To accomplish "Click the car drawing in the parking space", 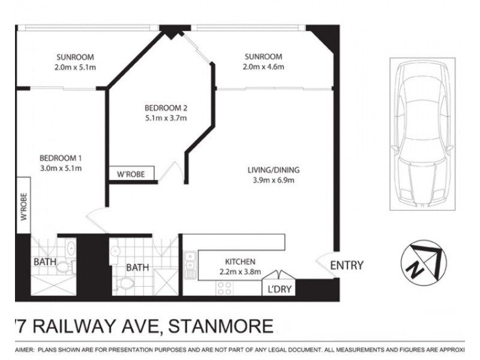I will (420, 133).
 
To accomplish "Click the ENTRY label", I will (346, 265).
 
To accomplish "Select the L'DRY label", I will (277, 290).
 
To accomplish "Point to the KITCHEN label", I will (240, 262).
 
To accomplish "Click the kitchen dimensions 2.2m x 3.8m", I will (240, 271).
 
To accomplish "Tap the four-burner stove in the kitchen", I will (224, 287).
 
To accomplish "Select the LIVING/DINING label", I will (273, 170).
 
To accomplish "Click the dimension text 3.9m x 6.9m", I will (273, 179).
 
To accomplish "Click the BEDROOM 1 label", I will (61, 158).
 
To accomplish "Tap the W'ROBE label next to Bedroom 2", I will (131, 174).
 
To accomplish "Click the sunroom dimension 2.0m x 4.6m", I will (263, 67).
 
